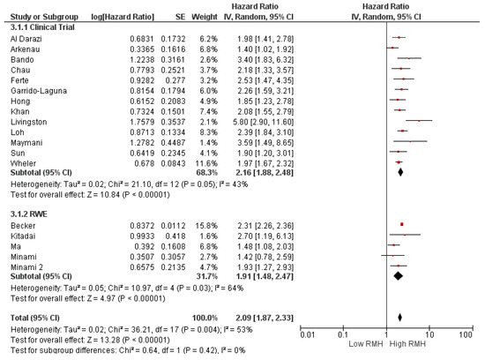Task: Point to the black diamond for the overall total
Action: coord(400,291)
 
